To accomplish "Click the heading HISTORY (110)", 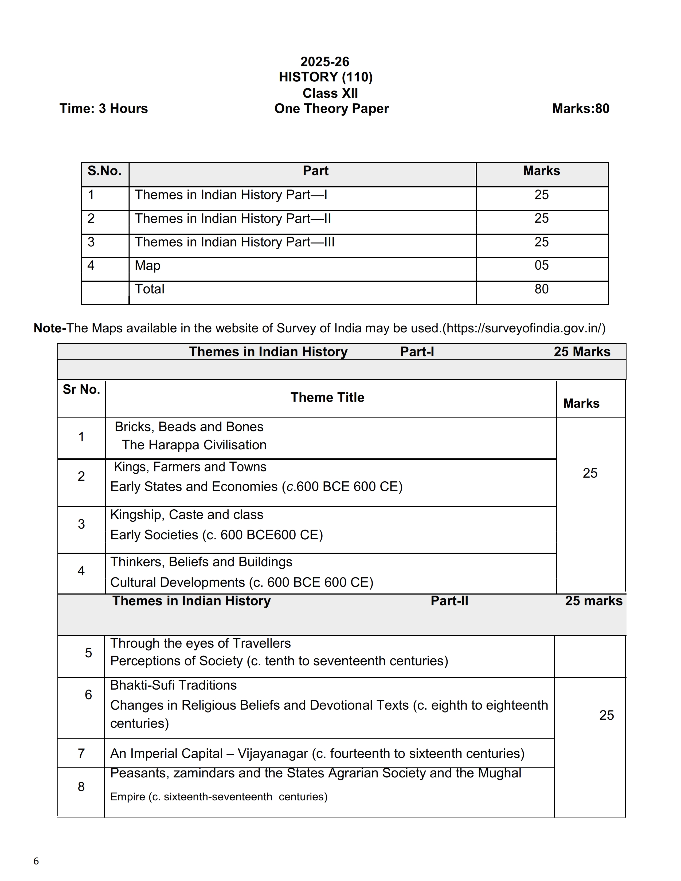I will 326,77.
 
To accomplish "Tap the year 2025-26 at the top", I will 325,62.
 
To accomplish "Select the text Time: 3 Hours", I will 104,108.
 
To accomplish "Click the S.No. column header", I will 104,171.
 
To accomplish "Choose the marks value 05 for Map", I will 541,265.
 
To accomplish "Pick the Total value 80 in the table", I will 541,289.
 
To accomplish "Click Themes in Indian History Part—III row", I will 234,242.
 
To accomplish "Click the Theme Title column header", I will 327,397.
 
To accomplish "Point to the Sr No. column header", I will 81,390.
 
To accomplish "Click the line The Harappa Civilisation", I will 194,445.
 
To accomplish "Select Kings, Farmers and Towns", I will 190,467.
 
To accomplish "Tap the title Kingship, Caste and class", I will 186,515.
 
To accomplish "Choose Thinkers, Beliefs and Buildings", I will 201,562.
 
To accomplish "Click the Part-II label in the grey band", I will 449,601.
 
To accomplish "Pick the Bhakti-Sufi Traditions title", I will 174,685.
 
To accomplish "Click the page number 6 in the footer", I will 36,861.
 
